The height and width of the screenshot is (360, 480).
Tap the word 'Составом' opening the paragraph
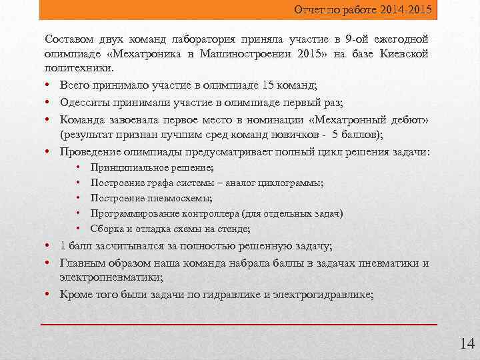67,39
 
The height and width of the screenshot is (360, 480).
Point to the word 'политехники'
78,68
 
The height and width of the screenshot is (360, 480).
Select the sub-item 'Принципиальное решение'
151,167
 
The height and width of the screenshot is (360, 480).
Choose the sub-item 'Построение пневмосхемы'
151,198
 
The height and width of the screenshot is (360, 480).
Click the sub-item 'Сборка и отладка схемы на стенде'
170,229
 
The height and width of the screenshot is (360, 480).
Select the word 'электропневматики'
109,277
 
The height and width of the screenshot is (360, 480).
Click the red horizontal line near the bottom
239,324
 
